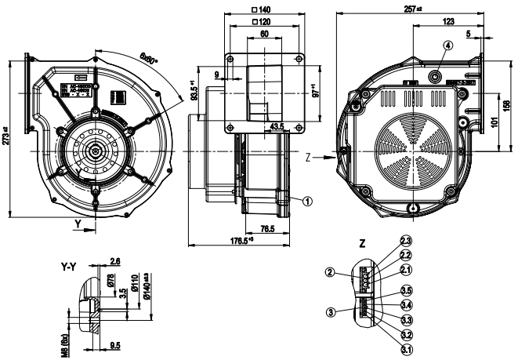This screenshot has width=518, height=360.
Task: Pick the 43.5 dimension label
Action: click(x=277, y=125)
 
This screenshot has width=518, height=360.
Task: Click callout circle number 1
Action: click(x=307, y=200)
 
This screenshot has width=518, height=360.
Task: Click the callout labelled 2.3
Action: click(x=406, y=240)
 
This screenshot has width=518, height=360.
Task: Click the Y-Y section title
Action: click(x=68, y=267)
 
